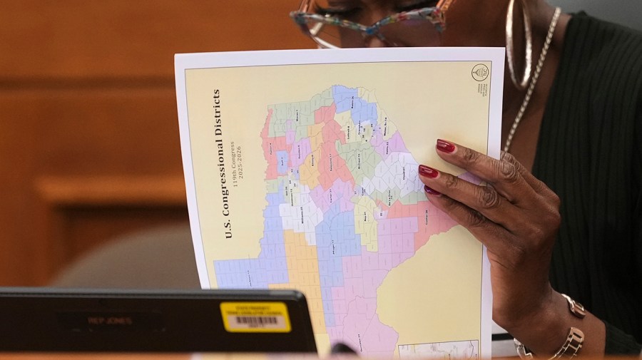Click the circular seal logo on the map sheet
point(480,74)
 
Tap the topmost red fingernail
point(446,146)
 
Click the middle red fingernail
point(428,171)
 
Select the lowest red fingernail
point(433,190)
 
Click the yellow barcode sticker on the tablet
point(255,317)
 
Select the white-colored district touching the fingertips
point(396,171)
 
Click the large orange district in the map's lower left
point(303,264)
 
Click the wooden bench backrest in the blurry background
point(107,189)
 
